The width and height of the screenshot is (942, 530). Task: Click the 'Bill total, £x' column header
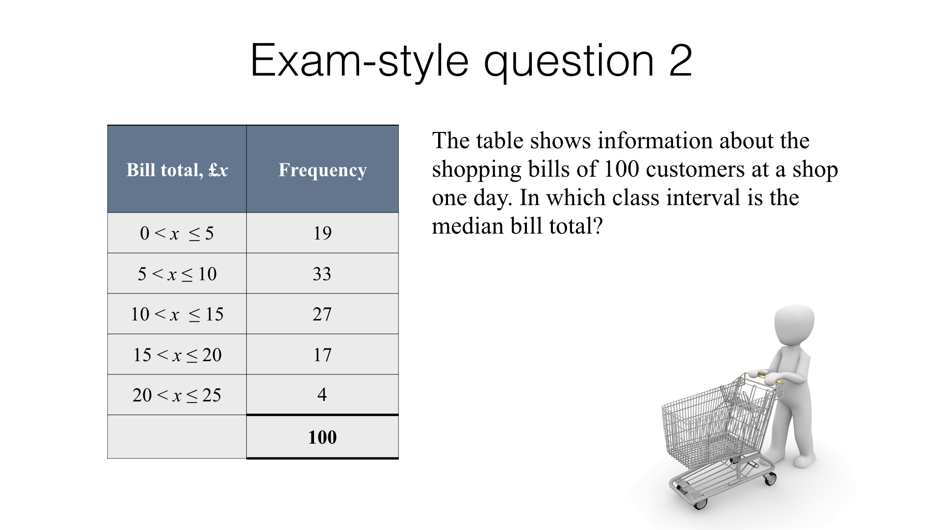177,170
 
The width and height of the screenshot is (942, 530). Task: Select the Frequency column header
322,170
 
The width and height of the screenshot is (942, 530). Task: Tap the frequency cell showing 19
322,233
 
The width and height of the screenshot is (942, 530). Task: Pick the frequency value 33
322,274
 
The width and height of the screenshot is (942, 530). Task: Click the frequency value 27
322,314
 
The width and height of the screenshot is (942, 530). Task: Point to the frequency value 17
322,355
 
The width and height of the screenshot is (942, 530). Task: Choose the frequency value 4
322,395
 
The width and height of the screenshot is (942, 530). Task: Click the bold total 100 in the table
322,437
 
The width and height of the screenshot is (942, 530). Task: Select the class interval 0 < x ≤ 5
177,233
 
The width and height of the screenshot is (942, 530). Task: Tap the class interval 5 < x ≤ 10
177,274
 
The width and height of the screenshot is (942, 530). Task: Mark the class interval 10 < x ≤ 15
177,314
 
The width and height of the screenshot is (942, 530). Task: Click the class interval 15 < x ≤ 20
177,355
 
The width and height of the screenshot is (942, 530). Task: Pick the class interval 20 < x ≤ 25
177,395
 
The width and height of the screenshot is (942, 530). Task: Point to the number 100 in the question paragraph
621,169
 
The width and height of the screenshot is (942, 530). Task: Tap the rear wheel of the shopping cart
770,478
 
